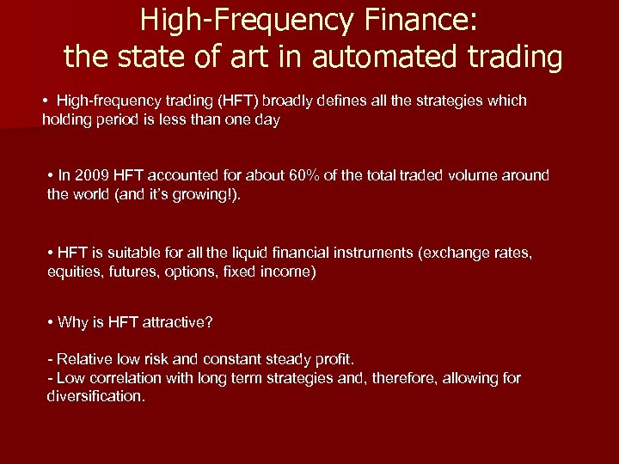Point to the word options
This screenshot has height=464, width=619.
pyautogui.click(x=192, y=272)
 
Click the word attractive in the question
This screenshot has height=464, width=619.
pyautogui.click(x=176, y=322)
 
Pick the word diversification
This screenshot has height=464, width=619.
pyautogui.click(x=95, y=396)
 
